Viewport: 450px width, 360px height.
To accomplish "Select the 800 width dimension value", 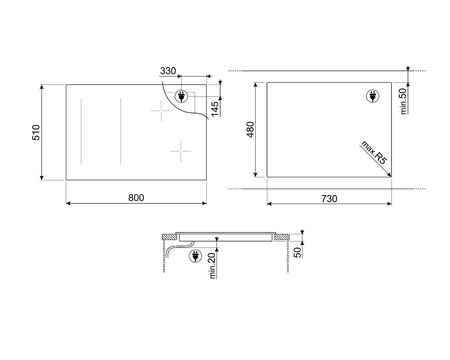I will coord(136,196).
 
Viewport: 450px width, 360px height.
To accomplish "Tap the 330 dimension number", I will coord(168,72).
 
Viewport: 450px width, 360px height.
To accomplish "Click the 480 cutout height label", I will coord(251,130).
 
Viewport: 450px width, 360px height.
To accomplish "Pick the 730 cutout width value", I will coord(329,196).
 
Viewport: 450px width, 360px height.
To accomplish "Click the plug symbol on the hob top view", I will coord(182,96).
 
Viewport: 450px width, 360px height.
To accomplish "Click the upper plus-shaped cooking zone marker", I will coord(159,112).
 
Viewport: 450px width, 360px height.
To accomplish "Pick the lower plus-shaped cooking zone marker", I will coord(179,152).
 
